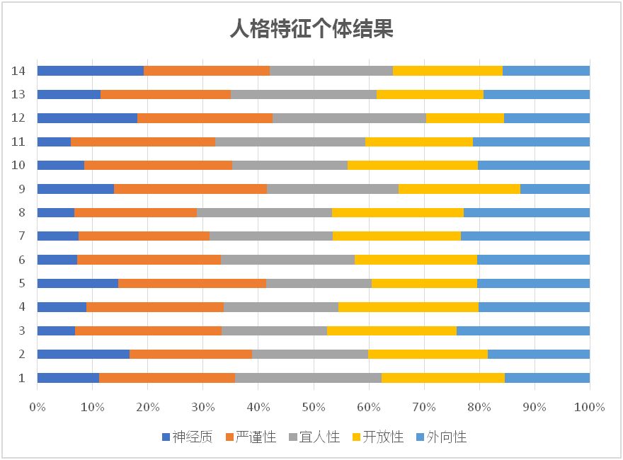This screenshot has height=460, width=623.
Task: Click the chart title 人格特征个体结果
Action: [311, 29]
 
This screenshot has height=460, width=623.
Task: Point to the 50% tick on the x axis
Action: [314, 407]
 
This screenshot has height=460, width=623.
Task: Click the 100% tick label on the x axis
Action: [590, 407]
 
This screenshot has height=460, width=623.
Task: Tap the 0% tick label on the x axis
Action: [38, 407]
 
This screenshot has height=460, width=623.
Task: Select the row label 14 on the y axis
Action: [19, 71]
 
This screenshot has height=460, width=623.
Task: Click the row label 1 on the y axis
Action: [22, 378]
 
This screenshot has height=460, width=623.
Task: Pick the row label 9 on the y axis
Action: [22, 189]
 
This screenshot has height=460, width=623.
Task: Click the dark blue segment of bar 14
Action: [91, 71]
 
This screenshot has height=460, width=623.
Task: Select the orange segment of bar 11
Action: [143, 142]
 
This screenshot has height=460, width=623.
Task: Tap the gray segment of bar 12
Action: [349, 118]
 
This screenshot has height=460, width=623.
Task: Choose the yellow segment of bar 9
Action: [459, 189]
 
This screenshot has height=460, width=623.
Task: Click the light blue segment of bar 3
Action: [523, 330]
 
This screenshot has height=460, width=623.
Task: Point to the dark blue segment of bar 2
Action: [84, 354]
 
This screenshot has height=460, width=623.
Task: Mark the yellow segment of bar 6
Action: [416, 260]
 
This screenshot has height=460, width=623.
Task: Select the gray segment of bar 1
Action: [308, 378]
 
